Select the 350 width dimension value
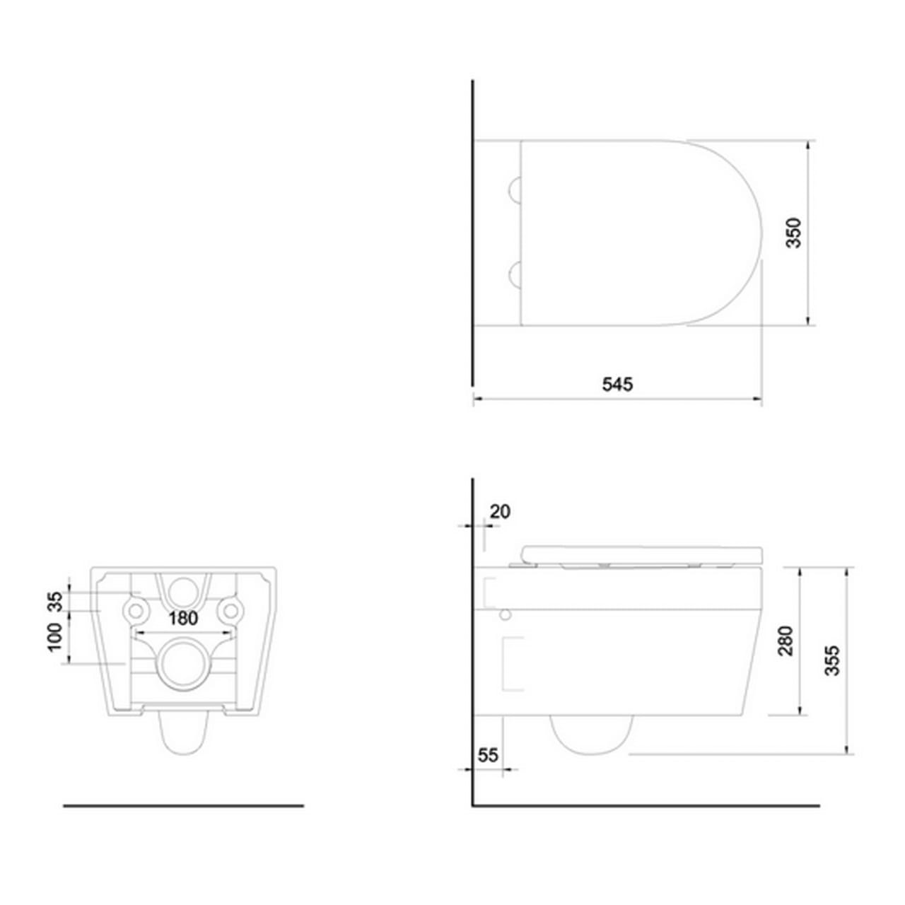point(795,233)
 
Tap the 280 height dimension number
point(786,641)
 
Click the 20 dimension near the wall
point(500,511)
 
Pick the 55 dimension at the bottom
point(488,755)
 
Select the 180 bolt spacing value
point(183,618)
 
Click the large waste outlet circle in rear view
point(183,662)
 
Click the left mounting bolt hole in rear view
point(134,609)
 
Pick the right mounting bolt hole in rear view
point(231,609)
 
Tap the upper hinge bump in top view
point(515,189)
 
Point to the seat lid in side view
point(641,554)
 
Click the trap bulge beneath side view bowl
point(591,735)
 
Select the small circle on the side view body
point(504,615)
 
